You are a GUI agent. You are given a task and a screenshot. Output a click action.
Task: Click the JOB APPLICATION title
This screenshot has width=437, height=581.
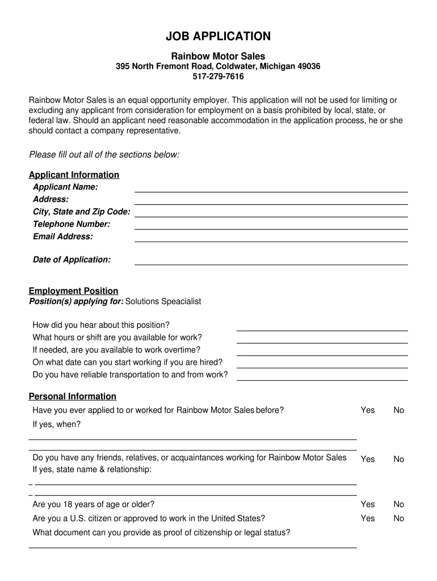coord(218,37)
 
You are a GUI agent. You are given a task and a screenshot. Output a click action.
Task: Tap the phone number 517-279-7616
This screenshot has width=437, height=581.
coord(218,77)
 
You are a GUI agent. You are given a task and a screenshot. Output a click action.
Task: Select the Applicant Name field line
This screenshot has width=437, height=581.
coord(271,191)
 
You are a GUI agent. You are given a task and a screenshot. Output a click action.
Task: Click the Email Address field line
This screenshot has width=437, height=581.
coord(271,241)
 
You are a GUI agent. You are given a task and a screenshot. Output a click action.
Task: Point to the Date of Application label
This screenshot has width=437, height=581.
coord(72,260)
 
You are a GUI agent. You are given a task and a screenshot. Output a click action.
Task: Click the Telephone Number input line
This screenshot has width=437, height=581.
coord(271,228)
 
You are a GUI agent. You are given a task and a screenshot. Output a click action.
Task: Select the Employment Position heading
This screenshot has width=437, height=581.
coord(73,291)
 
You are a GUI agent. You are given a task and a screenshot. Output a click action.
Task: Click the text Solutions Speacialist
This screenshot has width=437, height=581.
coord(163,301)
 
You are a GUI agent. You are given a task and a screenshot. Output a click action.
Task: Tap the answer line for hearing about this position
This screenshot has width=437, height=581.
coord(322,330)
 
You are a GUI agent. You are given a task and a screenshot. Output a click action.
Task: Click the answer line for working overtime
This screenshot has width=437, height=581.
coord(322,355)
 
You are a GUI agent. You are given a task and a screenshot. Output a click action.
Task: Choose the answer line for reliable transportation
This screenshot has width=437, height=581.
coord(322,380)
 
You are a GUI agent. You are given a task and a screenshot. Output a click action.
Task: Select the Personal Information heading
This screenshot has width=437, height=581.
coord(72,397)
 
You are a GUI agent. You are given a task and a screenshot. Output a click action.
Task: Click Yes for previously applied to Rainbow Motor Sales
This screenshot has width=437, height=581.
coord(368,410)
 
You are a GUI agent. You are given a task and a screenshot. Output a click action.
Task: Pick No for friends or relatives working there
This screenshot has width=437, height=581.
coord(399,460)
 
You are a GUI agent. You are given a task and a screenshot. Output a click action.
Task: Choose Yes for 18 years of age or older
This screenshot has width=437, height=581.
coord(368,504)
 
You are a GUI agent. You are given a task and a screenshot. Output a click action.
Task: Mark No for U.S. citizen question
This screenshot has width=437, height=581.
coord(399,519)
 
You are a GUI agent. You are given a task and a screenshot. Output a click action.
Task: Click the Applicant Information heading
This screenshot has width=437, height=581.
coord(74,175)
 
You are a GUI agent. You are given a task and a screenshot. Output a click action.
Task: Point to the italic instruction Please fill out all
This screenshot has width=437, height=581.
coord(104,155)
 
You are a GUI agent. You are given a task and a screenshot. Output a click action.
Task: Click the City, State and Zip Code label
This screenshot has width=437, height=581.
coord(81,212)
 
